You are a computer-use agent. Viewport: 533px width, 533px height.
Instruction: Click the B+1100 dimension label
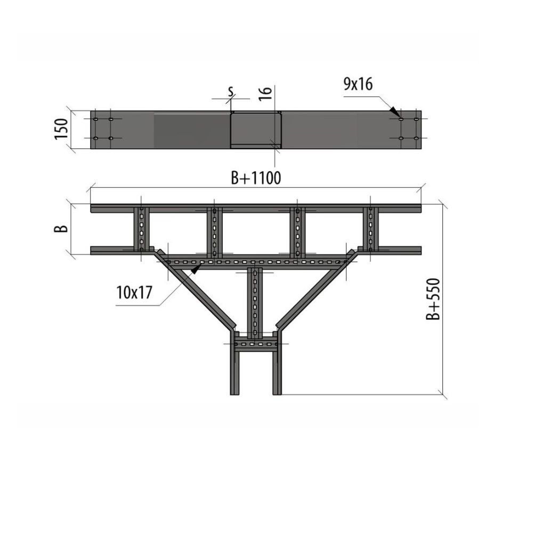256,177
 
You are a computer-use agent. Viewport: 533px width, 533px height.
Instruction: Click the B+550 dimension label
433,299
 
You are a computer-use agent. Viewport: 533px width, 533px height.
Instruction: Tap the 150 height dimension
61,129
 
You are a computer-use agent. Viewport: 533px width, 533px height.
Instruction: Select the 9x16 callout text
358,84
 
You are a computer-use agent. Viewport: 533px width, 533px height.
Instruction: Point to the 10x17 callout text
134,292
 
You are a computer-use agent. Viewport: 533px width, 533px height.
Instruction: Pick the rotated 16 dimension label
266,93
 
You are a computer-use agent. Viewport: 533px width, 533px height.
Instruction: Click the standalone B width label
61,229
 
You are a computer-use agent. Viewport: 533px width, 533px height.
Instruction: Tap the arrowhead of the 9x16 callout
394,110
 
